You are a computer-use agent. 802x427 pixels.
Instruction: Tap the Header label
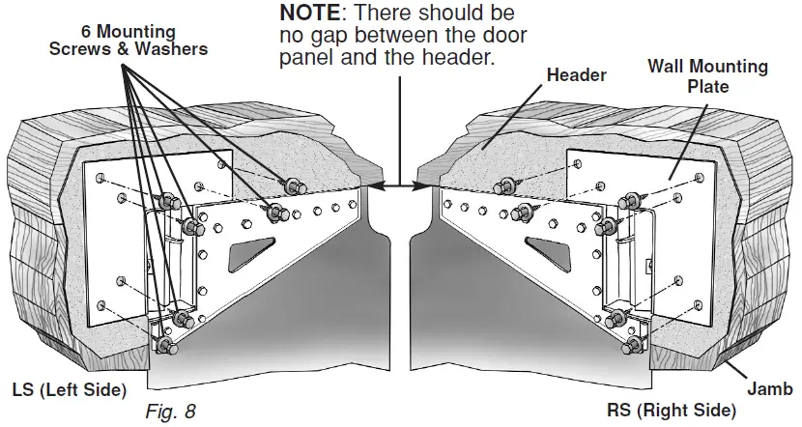(x=576, y=74)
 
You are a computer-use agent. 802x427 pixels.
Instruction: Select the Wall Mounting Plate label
(x=707, y=76)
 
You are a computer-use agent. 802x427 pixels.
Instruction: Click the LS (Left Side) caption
(x=69, y=390)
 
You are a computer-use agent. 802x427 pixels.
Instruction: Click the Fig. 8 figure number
(x=170, y=411)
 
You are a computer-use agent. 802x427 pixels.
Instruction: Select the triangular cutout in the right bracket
(x=547, y=254)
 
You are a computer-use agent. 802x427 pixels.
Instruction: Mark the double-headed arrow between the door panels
(x=398, y=183)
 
